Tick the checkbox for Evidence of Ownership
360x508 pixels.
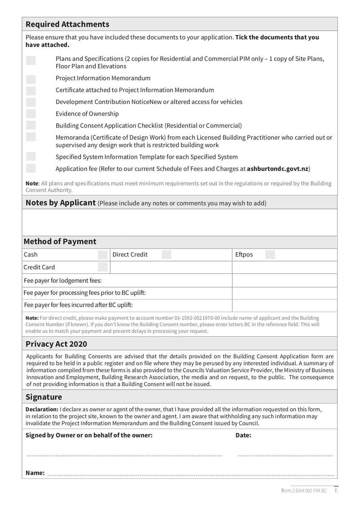click(x=31, y=114)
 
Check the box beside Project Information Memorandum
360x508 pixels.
click(x=31, y=78)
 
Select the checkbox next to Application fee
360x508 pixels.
click(x=31, y=169)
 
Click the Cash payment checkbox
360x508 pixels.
click(x=103, y=255)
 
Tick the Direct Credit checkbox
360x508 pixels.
click(x=166, y=255)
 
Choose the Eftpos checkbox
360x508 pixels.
click(x=270, y=255)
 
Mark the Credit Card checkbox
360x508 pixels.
click(x=103, y=267)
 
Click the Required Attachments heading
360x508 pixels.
click(x=67, y=24)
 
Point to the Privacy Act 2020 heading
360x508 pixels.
click(x=56, y=344)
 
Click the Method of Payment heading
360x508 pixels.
click(x=60, y=241)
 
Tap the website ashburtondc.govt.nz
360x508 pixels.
click(x=278, y=169)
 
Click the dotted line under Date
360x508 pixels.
click(x=285, y=455)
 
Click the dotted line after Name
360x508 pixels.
click(x=191, y=474)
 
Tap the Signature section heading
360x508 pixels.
click(x=44, y=397)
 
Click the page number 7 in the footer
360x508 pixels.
click(x=336, y=491)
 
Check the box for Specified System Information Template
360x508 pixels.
click(x=31, y=156)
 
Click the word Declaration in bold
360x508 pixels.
click(x=42, y=409)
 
